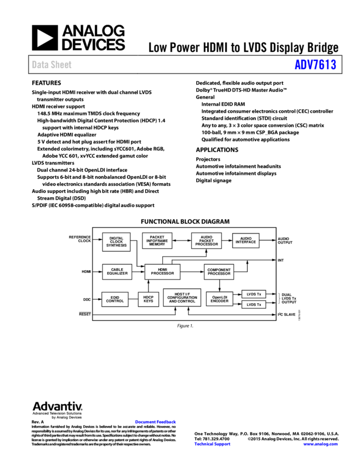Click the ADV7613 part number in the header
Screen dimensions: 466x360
(315, 65)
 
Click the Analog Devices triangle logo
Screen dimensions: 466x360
(44, 38)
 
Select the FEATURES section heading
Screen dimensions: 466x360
(47, 83)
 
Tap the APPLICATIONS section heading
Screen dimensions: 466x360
(217, 150)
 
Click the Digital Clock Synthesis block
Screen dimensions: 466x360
(116, 242)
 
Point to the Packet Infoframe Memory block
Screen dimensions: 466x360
(157, 241)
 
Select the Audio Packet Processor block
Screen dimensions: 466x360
(206, 241)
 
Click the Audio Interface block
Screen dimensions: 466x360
(245, 240)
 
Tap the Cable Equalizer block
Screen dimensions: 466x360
(117, 271)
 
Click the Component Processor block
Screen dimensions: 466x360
(219, 271)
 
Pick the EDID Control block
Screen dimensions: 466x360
(115, 299)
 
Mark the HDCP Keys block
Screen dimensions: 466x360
(148, 299)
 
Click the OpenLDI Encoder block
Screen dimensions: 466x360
(219, 299)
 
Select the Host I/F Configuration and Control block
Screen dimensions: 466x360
(182, 298)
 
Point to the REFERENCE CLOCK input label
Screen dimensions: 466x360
(80, 239)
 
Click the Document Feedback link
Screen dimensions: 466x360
(155, 422)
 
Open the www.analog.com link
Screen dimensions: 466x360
(321, 444)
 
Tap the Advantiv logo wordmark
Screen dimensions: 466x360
(58, 407)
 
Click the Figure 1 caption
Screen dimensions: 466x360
(185, 326)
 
